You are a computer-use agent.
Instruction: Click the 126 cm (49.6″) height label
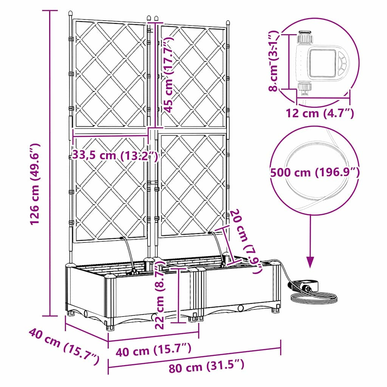(x=34, y=184)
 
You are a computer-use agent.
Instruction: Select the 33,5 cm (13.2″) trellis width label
(x=115, y=155)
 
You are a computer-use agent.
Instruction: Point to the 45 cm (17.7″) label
(x=169, y=74)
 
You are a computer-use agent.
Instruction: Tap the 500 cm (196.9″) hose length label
(x=315, y=172)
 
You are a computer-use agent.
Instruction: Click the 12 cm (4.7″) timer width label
(x=320, y=113)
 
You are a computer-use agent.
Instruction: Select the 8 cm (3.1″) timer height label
(x=274, y=61)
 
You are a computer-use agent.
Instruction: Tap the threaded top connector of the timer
(x=305, y=36)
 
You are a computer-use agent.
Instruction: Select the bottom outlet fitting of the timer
(x=305, y=89)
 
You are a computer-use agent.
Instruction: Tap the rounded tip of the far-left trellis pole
(x=70, y=13)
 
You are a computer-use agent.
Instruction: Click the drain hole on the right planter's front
(x=240, y=308)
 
